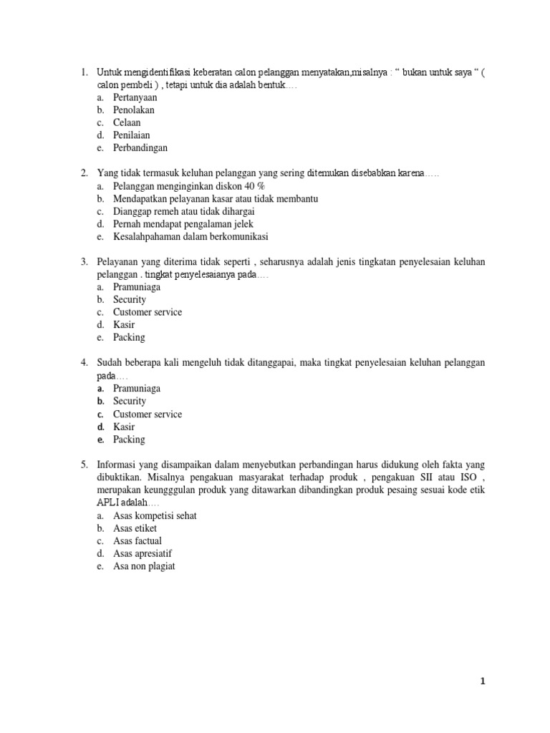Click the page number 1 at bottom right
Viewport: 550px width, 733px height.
(x=483, y=681)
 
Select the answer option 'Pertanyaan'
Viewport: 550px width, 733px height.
(x=135, y=97)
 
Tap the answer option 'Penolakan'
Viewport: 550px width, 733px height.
(x=133, y=110)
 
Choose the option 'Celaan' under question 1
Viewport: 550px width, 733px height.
(x=127, y=122)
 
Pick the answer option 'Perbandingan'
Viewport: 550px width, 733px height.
(x=140, y=148)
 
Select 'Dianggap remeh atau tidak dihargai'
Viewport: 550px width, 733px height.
(x=183, y=211)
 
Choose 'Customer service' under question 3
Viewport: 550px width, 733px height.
(x=148, y=312)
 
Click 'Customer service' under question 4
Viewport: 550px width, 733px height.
(x=148, y=414)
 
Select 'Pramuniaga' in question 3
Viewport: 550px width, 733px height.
(x=136, y=287)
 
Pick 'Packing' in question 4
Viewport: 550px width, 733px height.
(x=129, y=440)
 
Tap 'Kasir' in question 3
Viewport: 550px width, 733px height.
(x=124, y=325)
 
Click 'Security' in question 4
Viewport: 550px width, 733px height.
(x=129, y=401)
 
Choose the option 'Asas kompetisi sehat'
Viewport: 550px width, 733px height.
(x=155, y=515)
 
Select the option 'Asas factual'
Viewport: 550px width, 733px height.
(x=137, y=540)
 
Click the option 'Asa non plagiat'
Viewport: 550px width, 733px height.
(x=144, y=566)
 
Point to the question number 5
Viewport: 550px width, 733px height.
(x=84, y=465)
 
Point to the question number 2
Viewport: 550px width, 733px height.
(x=84, y=173)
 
